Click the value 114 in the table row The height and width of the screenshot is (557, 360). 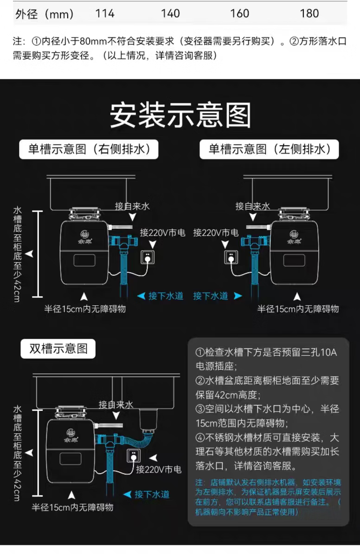[x=105, y=14]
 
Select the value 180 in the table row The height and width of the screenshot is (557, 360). [x=309, y=14]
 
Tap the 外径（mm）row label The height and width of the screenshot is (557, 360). [x=45, y=14]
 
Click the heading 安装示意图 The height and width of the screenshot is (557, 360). [x=180, y=115]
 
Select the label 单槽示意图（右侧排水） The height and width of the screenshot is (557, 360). [x=89, y=149]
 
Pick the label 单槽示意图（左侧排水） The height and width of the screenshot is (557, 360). [x=269, y=149]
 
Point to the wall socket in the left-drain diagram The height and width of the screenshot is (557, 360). [x=231, y=256]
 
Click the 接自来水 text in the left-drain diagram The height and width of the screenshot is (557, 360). [x=253, y=206]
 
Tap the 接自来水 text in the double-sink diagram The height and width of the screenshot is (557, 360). [x=116, y=405]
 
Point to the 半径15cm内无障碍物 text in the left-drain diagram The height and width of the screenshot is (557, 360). [x=298, y=309]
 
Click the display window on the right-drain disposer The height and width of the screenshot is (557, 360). [x=84, y=259]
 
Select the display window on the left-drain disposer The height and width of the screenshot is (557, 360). [x=294, y=259]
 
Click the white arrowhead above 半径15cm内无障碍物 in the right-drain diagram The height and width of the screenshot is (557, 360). [x=84, y=296]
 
